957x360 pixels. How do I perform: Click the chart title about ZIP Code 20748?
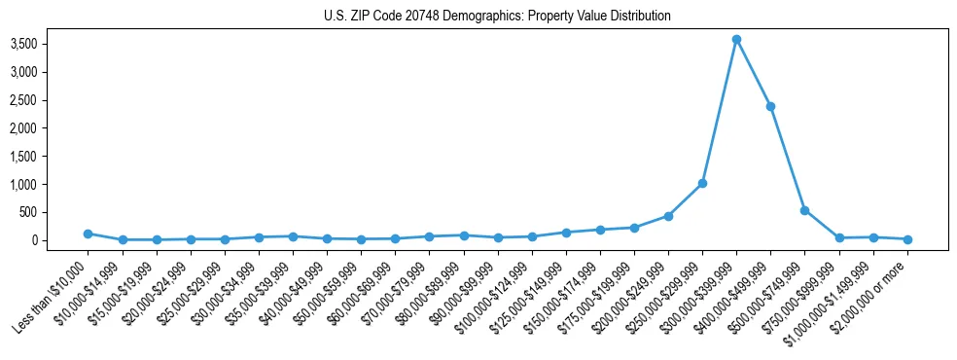point(497,17)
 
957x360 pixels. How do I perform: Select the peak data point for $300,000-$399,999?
point(736,39)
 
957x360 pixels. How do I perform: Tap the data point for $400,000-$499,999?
point(770,106)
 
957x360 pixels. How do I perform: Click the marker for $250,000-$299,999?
point(702,183)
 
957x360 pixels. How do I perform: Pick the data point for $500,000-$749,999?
point(804,210)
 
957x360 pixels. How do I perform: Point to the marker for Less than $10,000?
point(88,234)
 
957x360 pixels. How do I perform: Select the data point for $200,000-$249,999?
point(668,216)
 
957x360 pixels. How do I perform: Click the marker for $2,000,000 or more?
point(907,239)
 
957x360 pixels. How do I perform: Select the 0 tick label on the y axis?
point(60,240)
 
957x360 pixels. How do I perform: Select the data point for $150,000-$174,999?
point(600,230)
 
